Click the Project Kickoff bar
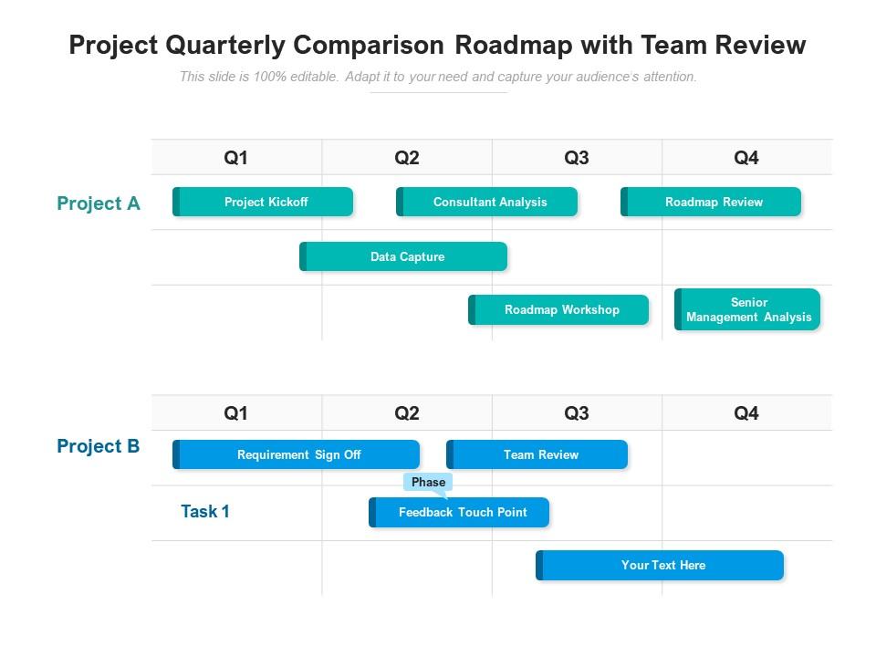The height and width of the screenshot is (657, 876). (x=263, y=202)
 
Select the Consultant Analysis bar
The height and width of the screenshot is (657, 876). (x=487, y=202)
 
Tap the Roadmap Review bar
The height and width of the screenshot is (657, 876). (x=712, y=202)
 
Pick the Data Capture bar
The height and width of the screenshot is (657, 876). (x=404, y=256)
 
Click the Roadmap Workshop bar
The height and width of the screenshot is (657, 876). (x=559, y=309)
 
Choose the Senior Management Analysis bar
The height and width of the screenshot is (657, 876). (x=747, y=309)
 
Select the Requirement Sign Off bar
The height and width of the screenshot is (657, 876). (x=297, y=454)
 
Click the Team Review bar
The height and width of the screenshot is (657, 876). (x=537, y=454)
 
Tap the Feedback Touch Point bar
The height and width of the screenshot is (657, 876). (x=460, y=512)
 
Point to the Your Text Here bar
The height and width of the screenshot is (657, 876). (x=661, y=565)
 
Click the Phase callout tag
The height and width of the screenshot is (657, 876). (x=428, y=482)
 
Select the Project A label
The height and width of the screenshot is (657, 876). (x=99, y=203)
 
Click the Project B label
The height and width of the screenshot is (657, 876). (x=99, y=446)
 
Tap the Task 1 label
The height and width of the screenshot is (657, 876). (x=205, y=511)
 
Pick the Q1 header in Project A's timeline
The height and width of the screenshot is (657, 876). (x=236, y=158)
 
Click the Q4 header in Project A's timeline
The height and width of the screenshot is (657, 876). (x=746, y=158)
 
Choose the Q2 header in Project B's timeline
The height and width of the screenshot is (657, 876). (x=407, y=413)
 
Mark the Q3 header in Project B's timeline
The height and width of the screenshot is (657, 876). (x=577, y=413)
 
